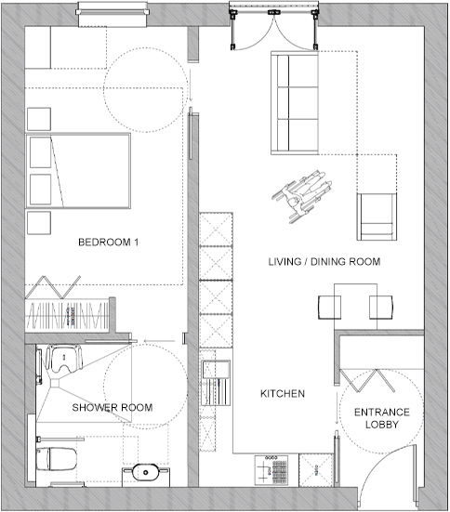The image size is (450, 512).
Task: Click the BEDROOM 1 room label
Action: pyautogui.click(x=109, y=242)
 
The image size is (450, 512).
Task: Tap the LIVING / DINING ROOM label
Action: pyautogui.click(x=324, y=261)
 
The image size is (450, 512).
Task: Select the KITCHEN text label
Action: pyautogui.click(x=283, y=393)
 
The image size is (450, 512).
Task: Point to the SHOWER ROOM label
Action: pyautogui.click(x=112, y=408)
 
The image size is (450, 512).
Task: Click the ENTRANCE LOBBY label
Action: pyautogui.click(x=382, y=418)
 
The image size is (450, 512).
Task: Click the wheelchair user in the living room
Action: pyautogui.click(x=301, y=195)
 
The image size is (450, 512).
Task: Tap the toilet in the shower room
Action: pyautogui.click(x=56, y=458)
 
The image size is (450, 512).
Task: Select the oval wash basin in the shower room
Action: pyautogui.click(x=146, y=472)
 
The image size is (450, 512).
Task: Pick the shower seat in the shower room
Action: pyautogui.click(x=64, y=359)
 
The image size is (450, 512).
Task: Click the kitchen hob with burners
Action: pyautogui.click(x=271, y=470)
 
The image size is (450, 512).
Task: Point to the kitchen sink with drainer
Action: pyautogui.click(x=216, y=382)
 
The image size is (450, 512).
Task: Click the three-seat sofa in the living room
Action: pyautogui.click(x=295, y=102)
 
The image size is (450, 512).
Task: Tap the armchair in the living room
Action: pyautogui.click(x=377, y=217)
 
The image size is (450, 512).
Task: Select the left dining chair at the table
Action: pyautogui.click(x=329, y=308)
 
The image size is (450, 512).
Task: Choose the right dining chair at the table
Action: pyautogui.click(x=381, y=308)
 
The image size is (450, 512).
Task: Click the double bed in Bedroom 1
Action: pyautogui.click(x=78, y=170)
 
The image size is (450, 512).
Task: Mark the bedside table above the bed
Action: pyautogui.click(x=39, y=119)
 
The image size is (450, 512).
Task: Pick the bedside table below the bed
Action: pyautogui.click(x=39, y=223)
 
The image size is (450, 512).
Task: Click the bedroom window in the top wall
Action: pyautogui.click(x=112, y=14)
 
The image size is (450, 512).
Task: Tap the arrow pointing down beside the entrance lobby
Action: pyautogui.click(x=337, y=409)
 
